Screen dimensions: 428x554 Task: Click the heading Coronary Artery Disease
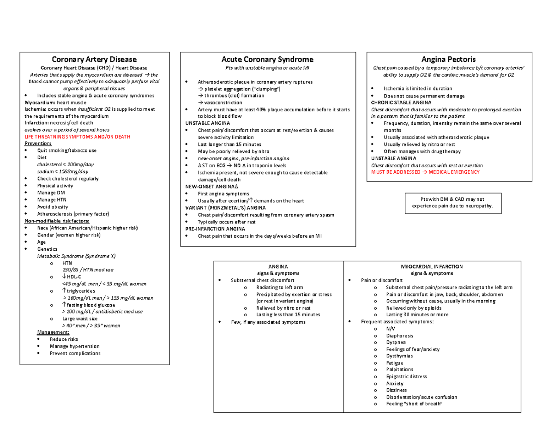[94, 60]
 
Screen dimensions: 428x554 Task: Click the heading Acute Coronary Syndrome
[267, 60]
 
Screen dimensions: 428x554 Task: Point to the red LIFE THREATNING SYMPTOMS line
[77, 137]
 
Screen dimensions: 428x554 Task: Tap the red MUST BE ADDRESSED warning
[425, 172]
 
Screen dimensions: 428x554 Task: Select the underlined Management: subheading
[53, 332]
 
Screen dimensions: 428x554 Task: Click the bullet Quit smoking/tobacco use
[67, 151]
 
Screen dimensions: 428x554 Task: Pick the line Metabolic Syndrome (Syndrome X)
[76, 255]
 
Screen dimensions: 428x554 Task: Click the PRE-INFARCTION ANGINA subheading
[215, 229]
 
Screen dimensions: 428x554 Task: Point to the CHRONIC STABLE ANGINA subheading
[401, 102]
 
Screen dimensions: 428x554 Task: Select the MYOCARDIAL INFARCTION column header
[432, 267]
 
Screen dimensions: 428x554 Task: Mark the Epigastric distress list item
[407, 377]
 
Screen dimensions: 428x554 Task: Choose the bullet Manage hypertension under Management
[74, 346]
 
